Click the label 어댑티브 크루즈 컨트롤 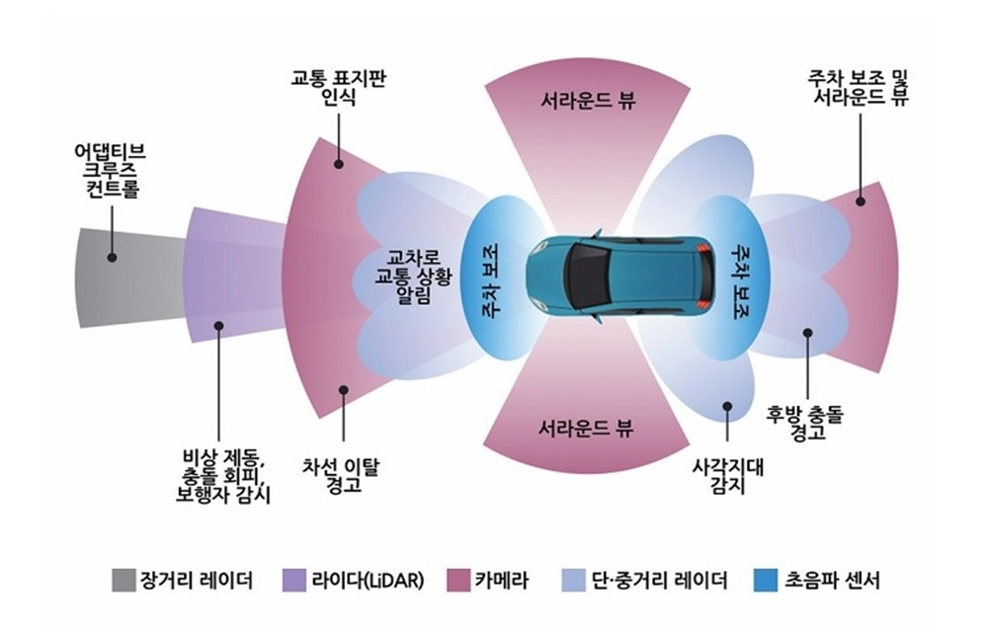[x=111, y=170]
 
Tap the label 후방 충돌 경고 [x=808, y=421]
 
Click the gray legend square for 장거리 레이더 [x=123, y=581]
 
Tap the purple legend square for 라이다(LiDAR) [x=293, y=581]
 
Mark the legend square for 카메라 [x=457, y=581]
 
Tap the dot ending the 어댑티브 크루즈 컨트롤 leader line [x=112, y=256]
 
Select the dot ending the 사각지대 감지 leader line [x=726, y=404]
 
